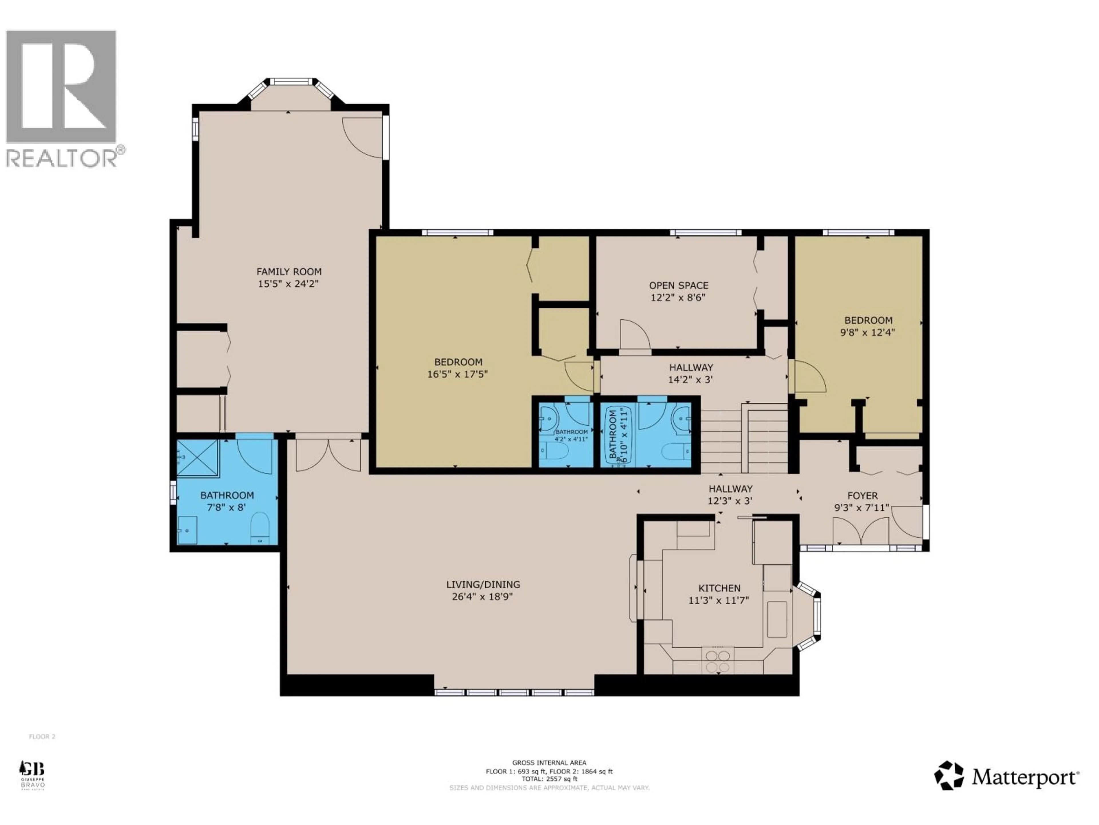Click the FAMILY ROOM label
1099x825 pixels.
pyautogui.click(x=289, y=272)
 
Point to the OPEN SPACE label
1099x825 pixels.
pyautogui.click(x=678, y=285)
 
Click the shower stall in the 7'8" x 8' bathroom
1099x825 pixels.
pyautogui.click(x=197, y=459)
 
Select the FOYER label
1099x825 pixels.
pyautogui.click(x=863, y=496)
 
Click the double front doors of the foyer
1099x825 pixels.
pyautogui.click(x=861, y=531)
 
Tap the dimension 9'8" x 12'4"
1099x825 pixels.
pyautogui.click(x=867, y=333)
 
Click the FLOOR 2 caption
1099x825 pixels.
pyautogui.click(x=42, y=736)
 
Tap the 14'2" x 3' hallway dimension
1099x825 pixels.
pyautogui.click(x=691, y=380)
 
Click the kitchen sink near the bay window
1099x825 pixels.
pyautogui.click(x=777, y=619)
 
